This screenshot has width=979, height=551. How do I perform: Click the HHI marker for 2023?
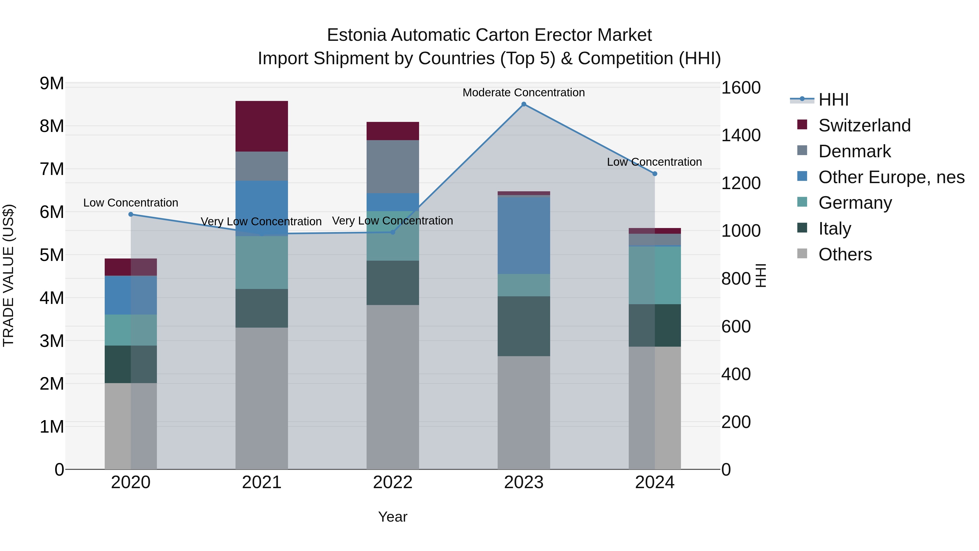[524, 104]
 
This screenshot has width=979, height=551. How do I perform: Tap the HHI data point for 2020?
[131, 214]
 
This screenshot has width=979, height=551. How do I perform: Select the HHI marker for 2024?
[655, 174]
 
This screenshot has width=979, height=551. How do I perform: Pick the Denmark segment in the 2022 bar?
[393, 167]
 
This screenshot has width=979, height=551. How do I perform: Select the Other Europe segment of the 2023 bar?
[524, 235]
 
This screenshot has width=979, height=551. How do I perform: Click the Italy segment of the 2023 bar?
[524, 326]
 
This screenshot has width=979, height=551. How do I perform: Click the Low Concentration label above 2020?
[131, 203]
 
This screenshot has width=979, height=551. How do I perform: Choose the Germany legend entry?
[855, 203]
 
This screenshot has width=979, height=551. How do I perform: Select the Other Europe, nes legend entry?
[891, 177]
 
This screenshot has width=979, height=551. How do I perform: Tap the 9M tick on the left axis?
[52, 84]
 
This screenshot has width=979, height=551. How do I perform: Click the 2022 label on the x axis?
[393, 482]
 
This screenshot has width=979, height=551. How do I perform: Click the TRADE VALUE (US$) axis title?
[8, 275]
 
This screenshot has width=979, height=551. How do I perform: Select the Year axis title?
[393, 517]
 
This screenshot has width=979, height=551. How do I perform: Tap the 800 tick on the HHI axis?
[736, 279]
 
